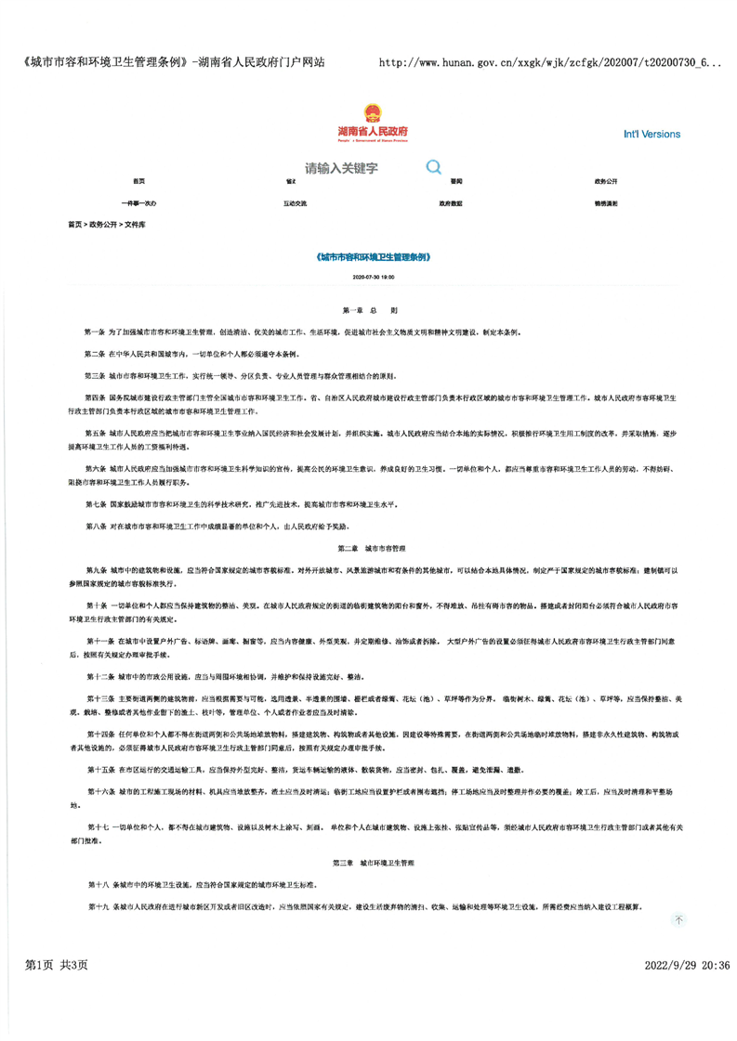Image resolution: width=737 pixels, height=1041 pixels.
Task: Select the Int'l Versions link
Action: [651, 135]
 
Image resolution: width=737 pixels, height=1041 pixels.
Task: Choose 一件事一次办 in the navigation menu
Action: [138, 202]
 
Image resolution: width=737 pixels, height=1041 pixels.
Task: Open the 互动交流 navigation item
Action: [295, 202]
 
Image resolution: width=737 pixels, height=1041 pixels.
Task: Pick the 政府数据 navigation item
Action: [451, 202]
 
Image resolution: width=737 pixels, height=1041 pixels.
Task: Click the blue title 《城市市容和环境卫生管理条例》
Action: [373, 255]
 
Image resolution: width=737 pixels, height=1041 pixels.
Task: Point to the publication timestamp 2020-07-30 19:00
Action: [373, 277]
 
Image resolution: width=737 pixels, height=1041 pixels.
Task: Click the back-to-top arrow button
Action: [678, 919]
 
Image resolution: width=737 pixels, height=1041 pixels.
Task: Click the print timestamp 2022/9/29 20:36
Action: [687, 992]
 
